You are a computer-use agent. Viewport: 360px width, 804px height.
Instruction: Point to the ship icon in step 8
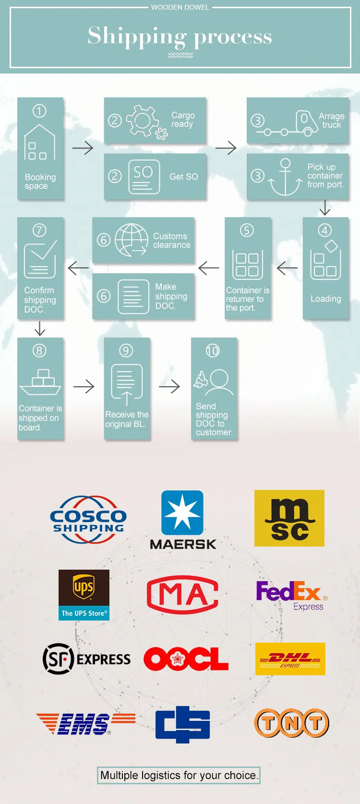point(40,383)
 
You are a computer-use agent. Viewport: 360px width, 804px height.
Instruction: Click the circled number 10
point(213,351)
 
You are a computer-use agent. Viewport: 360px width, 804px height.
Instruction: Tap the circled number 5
point(247,230)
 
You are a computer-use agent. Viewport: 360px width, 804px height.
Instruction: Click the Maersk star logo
point(182,512)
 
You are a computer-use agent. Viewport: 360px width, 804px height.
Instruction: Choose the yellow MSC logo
point(289,518)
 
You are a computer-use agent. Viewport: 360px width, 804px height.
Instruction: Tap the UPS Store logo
point(84,595)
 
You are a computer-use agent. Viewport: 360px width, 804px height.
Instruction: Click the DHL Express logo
point(290,659)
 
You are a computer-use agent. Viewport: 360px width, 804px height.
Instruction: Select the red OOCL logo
point(186,659)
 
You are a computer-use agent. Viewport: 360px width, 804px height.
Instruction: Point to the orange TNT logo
point(291,722)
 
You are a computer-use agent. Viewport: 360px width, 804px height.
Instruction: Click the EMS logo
point(85,723)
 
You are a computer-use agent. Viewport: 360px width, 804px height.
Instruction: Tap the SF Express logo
point(87,659)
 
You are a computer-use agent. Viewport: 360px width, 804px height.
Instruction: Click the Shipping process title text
point(180,37)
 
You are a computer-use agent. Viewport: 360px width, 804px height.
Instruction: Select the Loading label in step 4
point(325,299)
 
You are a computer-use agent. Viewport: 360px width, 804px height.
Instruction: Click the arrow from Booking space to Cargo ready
point(83,148)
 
